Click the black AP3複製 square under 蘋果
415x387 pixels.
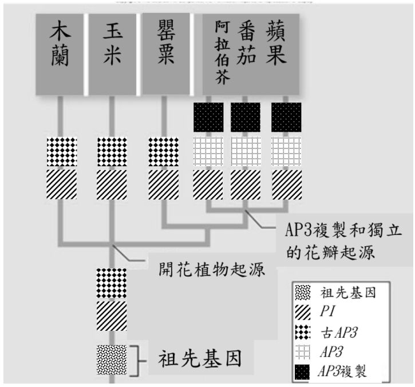pos(285,118)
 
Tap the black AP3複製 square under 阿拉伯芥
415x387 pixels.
pos(208,118)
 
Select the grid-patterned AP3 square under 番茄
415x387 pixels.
pos(246,153)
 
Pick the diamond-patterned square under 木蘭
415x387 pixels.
pos(61,153)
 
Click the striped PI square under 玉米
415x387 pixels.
pos(112,184)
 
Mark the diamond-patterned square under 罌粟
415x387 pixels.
pos(163,153)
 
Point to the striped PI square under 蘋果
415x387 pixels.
pos(285,184)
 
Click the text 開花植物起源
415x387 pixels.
pos(211,269)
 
